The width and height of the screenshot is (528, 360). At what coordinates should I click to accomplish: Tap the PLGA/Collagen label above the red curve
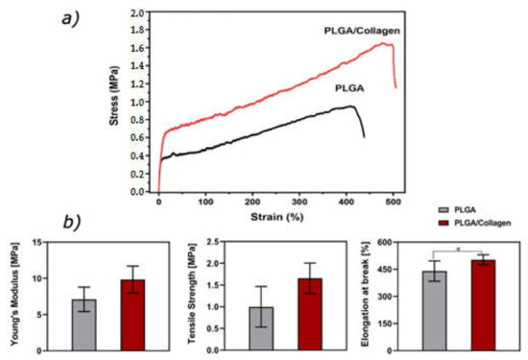[358, 32]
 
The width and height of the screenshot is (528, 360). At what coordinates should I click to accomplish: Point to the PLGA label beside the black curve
[352, 87]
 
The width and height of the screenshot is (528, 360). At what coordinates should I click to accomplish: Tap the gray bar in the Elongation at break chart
[435, 310]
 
